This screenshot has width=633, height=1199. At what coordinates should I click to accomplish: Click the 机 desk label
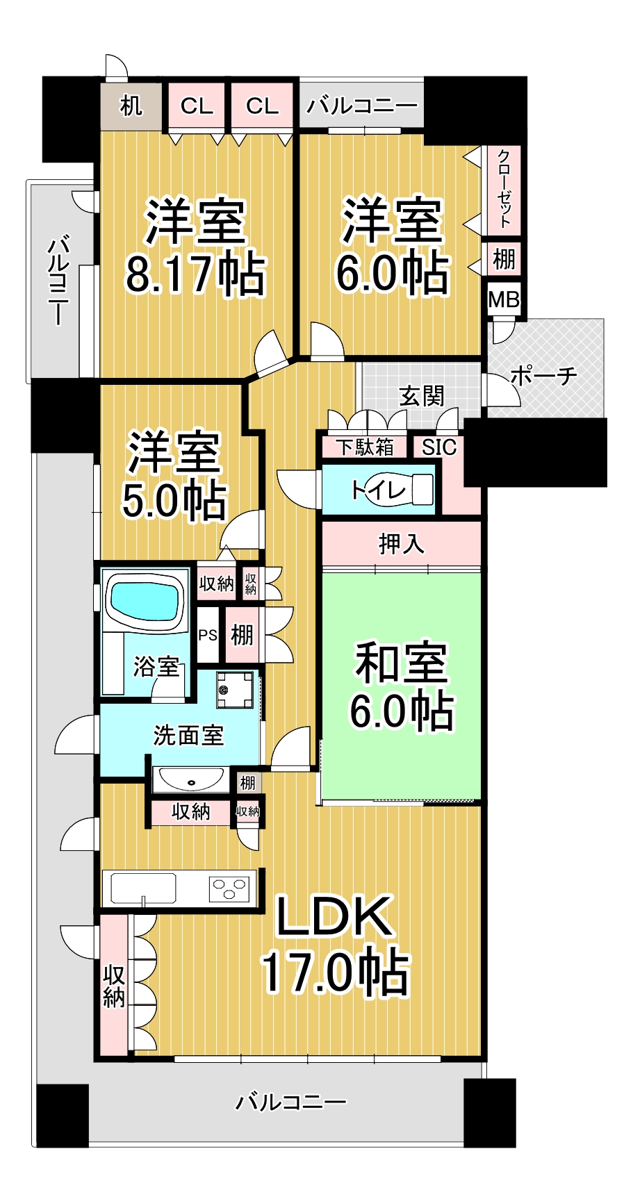click(131, 106)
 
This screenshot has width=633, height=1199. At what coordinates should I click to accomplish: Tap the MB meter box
click(504, 299)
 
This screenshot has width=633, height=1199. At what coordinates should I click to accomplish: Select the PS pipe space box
click(208, 635)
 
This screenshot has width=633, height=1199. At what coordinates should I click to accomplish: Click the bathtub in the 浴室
click(145, 601)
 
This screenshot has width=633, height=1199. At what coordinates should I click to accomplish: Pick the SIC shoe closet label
click(439, 447)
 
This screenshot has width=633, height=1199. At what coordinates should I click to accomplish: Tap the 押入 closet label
click(402, 543)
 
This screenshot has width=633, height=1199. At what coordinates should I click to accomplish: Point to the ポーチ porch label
click(543, 376)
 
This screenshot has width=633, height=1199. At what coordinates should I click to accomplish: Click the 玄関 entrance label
click(422, 396)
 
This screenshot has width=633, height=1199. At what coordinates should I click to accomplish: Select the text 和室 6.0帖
click(402, 686)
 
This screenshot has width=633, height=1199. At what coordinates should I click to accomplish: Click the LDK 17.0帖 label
click(335, 945)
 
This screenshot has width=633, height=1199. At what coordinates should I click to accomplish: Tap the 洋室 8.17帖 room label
click(195, 247)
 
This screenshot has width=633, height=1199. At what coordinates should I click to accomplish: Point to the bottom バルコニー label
click(291, 1102)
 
